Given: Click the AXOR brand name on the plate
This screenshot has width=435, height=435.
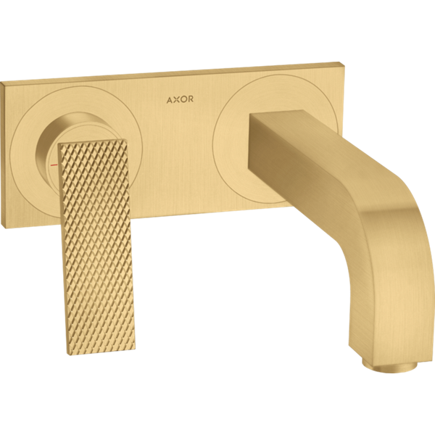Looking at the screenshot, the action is coord(180,99).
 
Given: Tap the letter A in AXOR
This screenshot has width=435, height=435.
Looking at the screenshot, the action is coord(170,100).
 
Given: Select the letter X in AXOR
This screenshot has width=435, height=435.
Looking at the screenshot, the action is coord(176,99).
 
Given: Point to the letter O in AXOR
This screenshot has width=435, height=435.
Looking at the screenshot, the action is coord(183,99).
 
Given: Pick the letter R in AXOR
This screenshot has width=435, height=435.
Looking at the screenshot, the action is coord(190,99).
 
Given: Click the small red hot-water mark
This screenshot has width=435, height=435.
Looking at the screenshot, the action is coord(54,165).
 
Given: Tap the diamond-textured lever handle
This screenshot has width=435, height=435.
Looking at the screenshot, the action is coord(96,246).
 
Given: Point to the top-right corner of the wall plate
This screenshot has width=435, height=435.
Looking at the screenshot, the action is coord(339,62).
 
